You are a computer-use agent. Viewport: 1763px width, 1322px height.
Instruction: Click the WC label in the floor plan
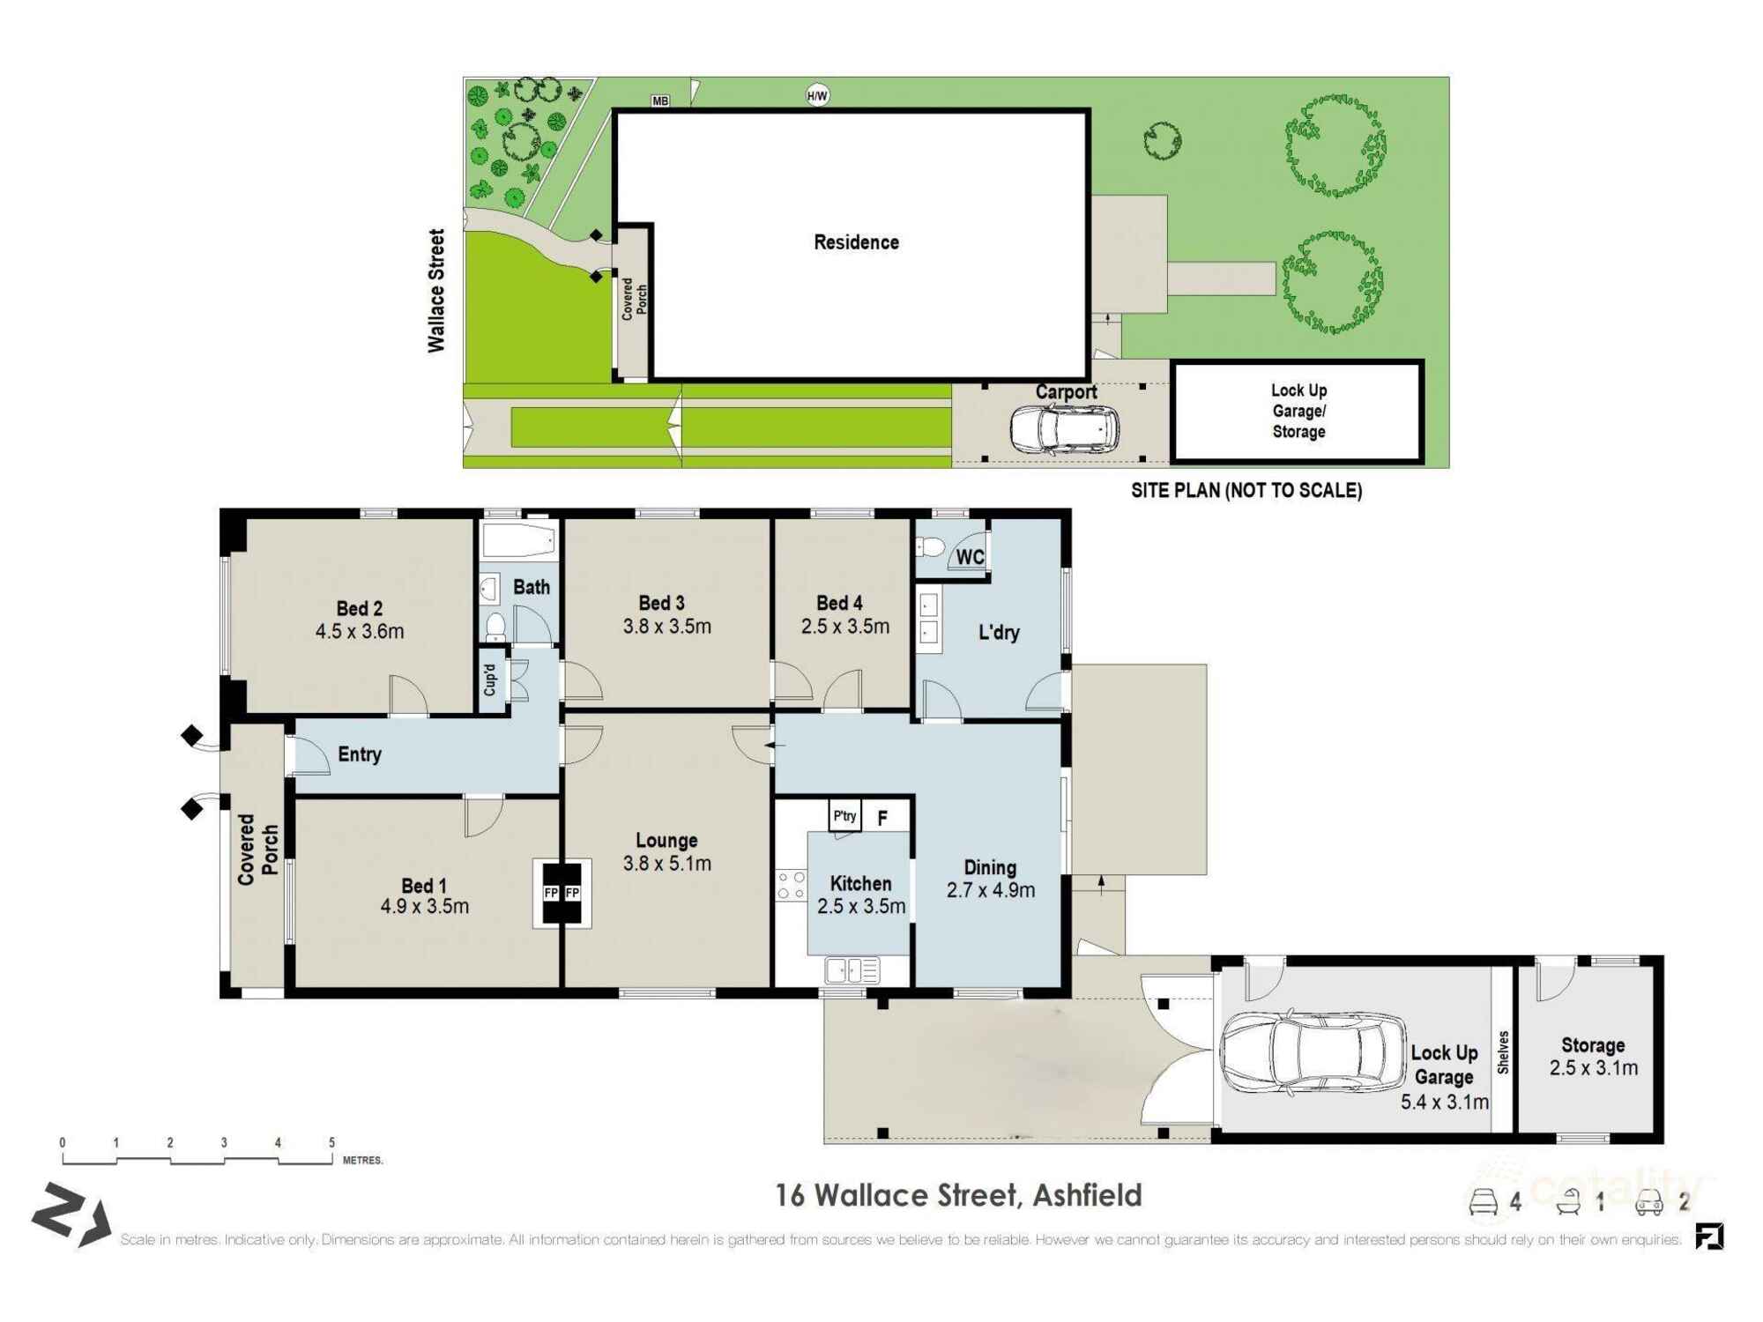click(970, 557)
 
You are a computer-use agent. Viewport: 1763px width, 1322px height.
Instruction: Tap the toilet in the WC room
click(929, 547)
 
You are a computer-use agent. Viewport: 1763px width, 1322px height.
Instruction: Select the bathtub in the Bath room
click(519, 540)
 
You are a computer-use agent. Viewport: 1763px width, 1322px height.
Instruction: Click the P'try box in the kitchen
click(844, 816)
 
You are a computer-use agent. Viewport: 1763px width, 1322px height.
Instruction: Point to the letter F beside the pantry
click(882, 819)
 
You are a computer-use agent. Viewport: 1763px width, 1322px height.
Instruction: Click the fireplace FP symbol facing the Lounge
click(573, 893)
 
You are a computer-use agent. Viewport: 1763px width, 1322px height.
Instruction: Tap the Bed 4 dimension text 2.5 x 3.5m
click(844, 627)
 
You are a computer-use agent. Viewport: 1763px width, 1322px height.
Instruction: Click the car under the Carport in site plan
click(1064, 429)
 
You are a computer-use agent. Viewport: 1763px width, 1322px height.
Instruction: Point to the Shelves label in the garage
click(1503, 1052)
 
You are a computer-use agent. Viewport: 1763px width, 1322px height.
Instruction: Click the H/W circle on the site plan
click(817, 95)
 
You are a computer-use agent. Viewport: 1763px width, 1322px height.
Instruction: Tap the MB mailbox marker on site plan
click(660, 101)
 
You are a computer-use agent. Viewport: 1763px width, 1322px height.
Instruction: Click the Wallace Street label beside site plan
click(436, 291)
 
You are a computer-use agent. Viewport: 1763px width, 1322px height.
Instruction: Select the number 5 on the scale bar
click(331, 1142)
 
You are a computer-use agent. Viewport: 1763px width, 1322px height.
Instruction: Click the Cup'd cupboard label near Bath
click(490, 680)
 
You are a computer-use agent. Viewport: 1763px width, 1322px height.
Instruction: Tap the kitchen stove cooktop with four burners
click(791, 885)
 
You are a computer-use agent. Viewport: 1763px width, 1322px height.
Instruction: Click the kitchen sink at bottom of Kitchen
click(852, 970)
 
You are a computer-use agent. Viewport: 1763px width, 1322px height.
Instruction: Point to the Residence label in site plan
click(856, 242)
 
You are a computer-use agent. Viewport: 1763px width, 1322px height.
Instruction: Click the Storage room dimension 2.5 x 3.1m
click(1593, 1068)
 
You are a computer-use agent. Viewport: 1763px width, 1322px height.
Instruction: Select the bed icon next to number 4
click(1484, 1202)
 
